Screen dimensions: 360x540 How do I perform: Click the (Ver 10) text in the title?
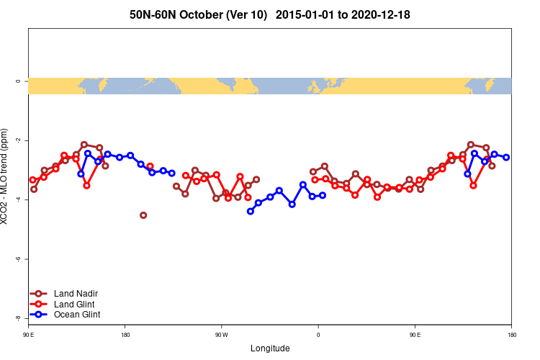click(x=248, y=14)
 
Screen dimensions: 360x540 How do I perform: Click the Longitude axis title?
click(x=270, y=348)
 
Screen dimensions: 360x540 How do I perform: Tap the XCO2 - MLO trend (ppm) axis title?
click(x=6, y=177)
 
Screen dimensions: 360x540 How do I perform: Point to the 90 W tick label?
click(x=221, y=335)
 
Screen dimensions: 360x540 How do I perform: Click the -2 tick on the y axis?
click(x=18, y=140)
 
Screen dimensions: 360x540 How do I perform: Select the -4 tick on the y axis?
click(x=18, y=199)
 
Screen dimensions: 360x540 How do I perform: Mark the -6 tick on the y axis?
click(x=18, y=259)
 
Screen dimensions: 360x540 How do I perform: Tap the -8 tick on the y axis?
click(x=18, y=318)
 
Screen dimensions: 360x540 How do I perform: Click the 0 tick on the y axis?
click(x=18, y=81)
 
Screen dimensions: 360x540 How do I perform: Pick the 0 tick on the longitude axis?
click(x=318, y=335)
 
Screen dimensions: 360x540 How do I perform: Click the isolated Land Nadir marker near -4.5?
click(x=143, y=215)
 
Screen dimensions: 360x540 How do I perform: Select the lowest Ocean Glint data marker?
click(x=251, y=211)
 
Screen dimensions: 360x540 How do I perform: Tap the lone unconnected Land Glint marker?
click(x=150, y=166)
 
